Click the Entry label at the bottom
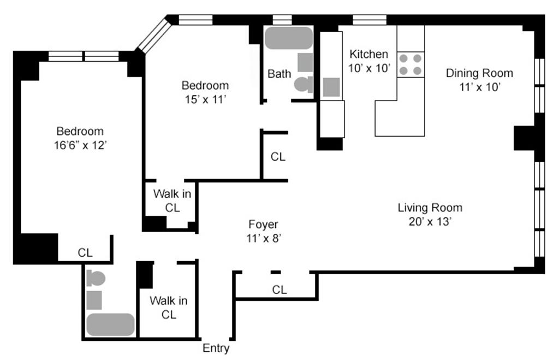pos(216,348)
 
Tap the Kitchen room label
pos(368,54)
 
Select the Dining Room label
pos(479,73)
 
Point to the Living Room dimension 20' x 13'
pos(430,222)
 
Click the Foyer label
pos(263,225)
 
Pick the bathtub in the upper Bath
pos(288,38)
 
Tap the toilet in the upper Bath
pos(304,85)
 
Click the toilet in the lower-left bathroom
pos(95,278)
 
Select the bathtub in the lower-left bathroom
pos(110,324)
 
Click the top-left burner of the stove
pos(403,58)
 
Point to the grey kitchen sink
pos(331,87)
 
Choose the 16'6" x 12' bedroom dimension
pos(81,145)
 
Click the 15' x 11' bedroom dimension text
pos(205,99)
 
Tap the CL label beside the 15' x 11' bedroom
pos(278,157)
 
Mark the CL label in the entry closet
pos(279,290)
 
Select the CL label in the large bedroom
pos(85,252)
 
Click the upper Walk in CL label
pos(172,200)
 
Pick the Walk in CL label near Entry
pos(169,308)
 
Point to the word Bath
pos(279,74)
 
